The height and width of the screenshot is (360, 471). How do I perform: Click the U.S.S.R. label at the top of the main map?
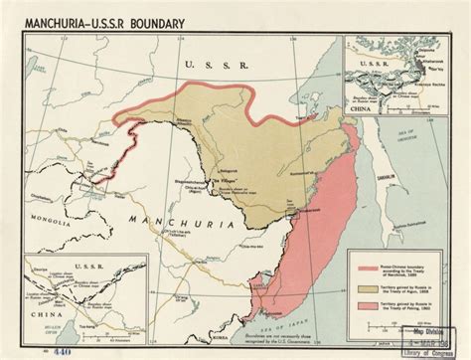209,65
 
